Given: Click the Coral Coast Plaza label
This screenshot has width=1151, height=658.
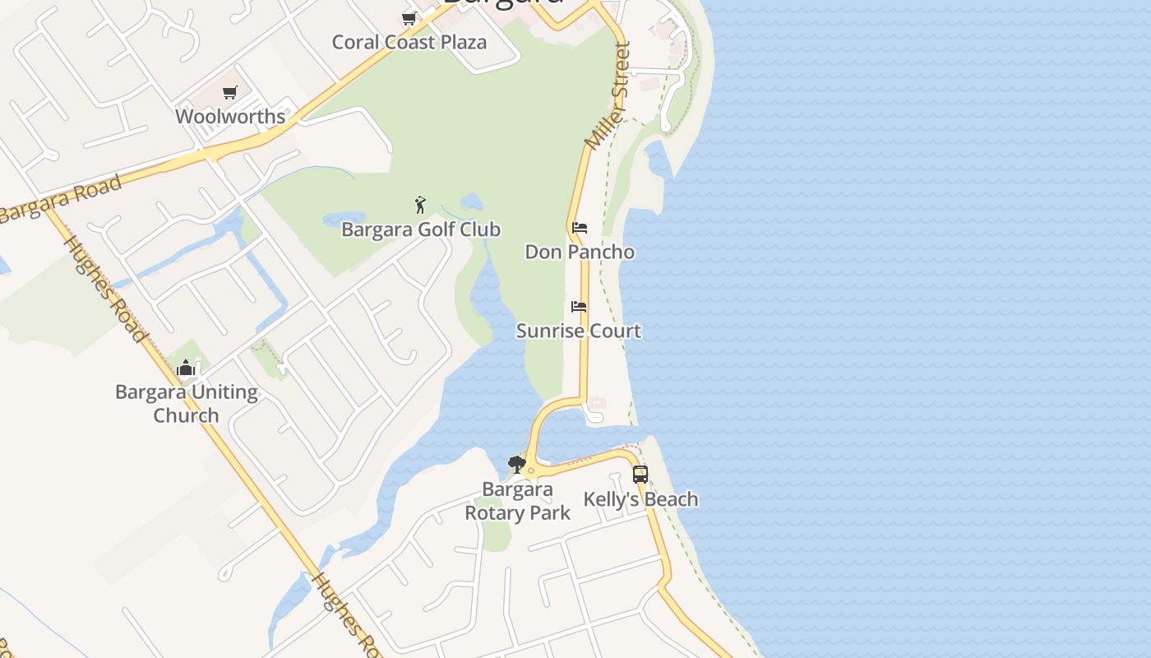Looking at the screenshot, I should coord(409,42).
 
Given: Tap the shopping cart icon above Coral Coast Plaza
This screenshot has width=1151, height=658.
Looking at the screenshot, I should coord(409,18).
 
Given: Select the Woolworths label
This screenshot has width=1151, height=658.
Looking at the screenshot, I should coord(230,116).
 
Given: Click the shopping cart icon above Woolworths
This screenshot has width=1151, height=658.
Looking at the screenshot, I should coord(230,93).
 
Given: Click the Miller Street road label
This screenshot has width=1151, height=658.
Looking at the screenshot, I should coord(608,97).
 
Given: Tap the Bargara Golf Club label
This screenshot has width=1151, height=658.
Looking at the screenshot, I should coord(421,229).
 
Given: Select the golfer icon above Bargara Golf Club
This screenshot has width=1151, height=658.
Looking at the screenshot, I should coord(421,205).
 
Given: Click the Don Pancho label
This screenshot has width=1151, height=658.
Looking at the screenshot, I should coord(580,252).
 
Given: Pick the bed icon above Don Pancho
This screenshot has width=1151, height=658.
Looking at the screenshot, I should coord(580,227).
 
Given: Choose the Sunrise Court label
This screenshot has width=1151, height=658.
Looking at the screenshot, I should coord(579,331).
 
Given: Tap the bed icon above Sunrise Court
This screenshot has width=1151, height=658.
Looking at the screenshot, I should coord(579,307).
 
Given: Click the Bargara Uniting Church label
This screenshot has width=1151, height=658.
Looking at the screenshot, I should coord(187,403).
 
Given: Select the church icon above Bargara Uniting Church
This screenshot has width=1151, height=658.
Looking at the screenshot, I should coord(186,368).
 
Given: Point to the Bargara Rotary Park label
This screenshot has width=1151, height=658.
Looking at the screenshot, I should coord(517,501).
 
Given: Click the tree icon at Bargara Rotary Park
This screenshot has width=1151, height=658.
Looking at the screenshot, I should coord(516,465).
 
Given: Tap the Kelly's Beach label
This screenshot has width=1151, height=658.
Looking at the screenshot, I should coord(640,499).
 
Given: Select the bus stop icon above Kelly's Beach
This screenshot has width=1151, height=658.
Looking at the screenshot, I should coord(640,475).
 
